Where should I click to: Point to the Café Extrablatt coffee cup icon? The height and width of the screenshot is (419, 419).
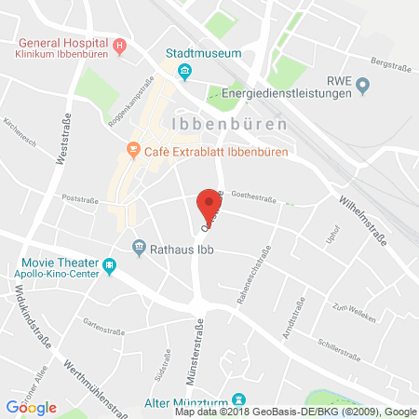(134, 149)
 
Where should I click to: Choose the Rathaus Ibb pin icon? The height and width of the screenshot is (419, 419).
(140, 248)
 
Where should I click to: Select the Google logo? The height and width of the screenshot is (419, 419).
(31, 408)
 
